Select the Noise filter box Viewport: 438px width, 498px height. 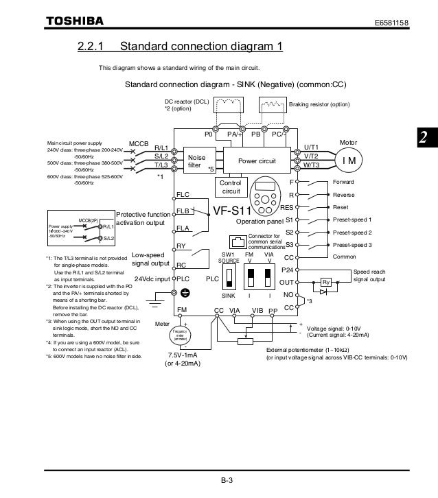coord(196,161)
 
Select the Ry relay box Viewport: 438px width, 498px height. coord(326,282)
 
